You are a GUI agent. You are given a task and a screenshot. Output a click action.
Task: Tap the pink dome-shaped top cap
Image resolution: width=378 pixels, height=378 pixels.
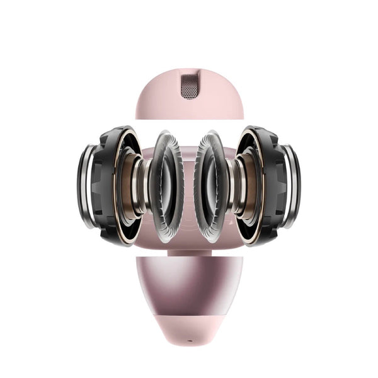tap(157, 101)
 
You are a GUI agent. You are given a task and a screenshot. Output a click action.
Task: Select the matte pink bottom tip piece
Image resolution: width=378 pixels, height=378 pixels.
tap(189, 328)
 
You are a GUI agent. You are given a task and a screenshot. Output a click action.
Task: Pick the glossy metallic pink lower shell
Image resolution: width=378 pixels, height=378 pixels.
tap(189, 283)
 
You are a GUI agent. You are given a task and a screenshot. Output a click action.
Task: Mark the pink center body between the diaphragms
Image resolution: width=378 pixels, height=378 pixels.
tap(189, 189)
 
